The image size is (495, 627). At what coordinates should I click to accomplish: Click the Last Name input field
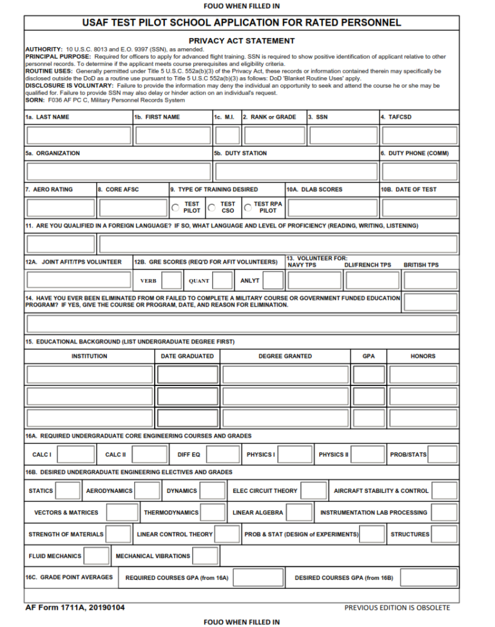click(79, 135)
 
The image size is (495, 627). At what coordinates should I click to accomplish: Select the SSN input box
click(342, 135)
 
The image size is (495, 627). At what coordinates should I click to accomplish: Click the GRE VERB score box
click(171, 280)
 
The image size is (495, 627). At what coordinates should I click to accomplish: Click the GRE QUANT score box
click(222, 280)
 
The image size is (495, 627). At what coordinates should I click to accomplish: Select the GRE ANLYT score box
click(273, 280)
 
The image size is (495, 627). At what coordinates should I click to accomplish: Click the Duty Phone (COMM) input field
click(420, 171)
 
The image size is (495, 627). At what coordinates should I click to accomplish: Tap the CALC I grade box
click(76, 454)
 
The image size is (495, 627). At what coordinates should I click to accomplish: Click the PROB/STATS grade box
click(443, 454)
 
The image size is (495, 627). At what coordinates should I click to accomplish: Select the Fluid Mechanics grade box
click(97, 555)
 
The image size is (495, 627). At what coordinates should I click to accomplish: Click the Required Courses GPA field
click(258, 577)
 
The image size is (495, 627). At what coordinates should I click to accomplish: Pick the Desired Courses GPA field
click(425, 577)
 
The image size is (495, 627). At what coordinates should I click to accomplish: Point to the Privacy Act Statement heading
click(242, 41)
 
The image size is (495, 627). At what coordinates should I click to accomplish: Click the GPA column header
click(368, 356)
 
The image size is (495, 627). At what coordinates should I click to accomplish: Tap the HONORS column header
click(423, 356)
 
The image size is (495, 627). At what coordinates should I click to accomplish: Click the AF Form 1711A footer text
click(75, 607)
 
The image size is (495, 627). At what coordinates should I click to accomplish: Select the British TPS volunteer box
click(430, 280)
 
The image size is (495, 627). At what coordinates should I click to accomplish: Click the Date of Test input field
click(420, 207)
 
